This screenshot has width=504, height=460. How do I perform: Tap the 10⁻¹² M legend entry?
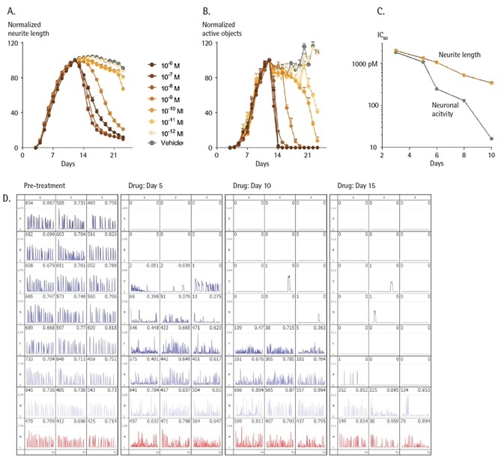pos(163,131)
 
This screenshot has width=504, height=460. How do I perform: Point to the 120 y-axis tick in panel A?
pos(13,43)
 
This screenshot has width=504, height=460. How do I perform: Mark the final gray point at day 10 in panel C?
pos(491,139)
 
